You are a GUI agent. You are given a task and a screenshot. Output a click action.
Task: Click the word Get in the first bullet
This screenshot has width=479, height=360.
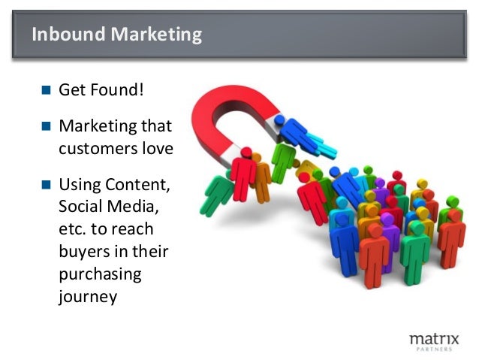coord(72,91)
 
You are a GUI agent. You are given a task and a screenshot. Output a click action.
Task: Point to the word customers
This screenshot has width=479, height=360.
coord(99,148)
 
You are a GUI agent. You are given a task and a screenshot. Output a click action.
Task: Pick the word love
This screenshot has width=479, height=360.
coord(158,148)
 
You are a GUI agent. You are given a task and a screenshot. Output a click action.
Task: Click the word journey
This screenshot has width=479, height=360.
coord(88,296)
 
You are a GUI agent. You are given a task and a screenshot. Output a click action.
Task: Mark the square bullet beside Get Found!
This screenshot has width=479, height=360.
coord(46,92)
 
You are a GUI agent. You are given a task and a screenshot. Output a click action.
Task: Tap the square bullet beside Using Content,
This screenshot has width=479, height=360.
coord(46,185)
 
